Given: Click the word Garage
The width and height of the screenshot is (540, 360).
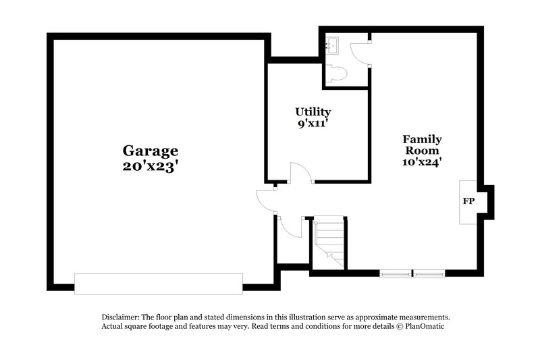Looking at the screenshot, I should (x=150, y=150).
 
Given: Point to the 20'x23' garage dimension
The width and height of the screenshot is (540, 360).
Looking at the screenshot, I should (x=150, y=165).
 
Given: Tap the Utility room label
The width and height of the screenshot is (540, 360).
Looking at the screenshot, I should (x=313, y=111).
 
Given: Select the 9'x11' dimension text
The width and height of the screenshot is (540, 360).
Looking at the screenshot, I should (x=313, y=124).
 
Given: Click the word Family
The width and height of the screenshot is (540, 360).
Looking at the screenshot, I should (x=422, y=139).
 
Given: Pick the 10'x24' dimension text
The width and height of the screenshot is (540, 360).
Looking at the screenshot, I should (x=422, y=161).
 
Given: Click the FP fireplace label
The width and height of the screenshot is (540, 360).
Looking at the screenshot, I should (x=468, y=201).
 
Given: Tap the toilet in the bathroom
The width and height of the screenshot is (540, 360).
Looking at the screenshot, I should (x=337, y=73).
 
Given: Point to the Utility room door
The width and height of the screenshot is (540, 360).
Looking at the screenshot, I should (x=300, y=173).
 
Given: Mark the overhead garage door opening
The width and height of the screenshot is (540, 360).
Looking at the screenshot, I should (x=158, y=283).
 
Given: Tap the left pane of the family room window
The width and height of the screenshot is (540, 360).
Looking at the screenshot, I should (x=396, y=274).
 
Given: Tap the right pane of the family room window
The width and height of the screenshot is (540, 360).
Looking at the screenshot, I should (x=429, y=274).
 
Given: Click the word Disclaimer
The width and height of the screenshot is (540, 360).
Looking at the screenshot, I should (x=120, y=317).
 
